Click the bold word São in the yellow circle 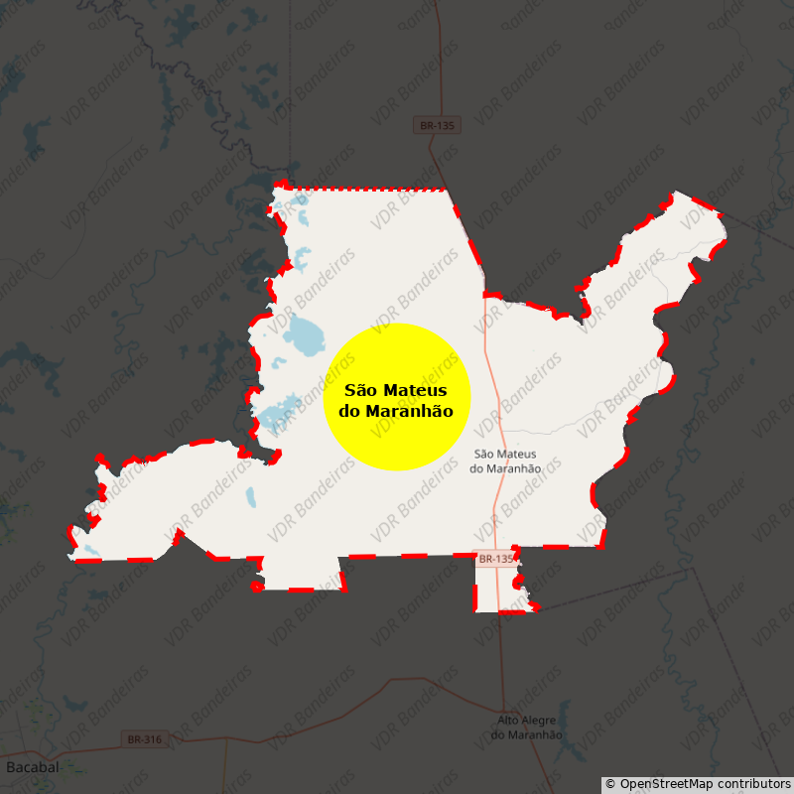[x=361, y=391]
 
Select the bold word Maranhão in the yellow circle [x=409, y=411]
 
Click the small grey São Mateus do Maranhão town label [x=506, y=461]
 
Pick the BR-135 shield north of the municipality [x=437, y=126]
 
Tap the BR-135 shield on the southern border [x=495, y=560]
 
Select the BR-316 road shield [x=145, y=739]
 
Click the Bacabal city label [x=32, y=767]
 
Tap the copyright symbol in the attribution [x=610, y=784]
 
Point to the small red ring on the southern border [x=257, y=587]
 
